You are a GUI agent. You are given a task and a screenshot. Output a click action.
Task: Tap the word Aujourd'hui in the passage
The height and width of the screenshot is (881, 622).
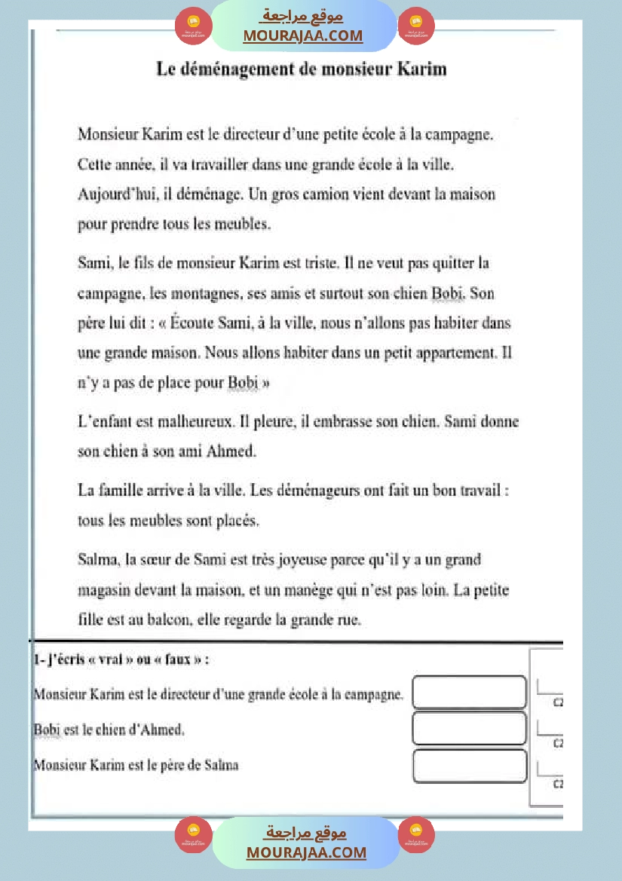[112, 194]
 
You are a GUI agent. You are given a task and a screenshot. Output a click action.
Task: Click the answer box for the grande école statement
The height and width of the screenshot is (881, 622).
[469, 693]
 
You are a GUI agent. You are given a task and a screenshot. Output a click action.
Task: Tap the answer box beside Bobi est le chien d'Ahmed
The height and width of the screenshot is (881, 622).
[469, 729]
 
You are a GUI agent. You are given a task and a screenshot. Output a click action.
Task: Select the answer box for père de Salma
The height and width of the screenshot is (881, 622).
[469, 766]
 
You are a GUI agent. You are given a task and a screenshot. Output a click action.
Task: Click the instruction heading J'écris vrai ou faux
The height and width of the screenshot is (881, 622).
[121, 659]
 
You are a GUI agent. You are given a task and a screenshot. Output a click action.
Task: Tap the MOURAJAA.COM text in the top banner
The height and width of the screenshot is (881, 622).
[302, 35]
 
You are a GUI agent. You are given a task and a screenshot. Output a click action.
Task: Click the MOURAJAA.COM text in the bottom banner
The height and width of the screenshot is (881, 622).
[305, 852]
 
